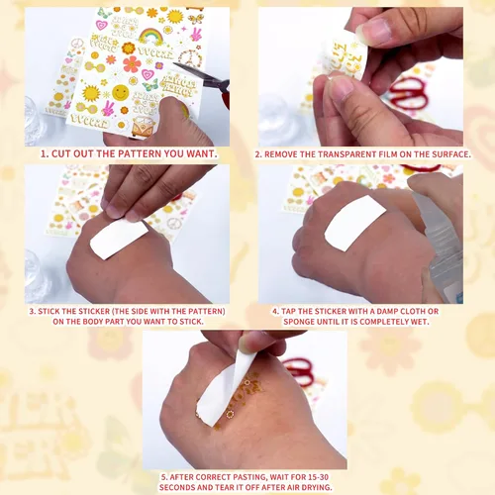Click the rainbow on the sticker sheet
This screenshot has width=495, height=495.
coord(151,37)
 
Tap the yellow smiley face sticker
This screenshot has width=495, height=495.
coord(121,93)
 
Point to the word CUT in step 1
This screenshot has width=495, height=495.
coord(61,153)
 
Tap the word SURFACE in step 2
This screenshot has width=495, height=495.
coord(452,154)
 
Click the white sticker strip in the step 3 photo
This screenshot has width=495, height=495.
coord(119,239)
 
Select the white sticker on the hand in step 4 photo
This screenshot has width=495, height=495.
coord(355,223)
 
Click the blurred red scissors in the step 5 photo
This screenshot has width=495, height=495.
coord(299,371)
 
